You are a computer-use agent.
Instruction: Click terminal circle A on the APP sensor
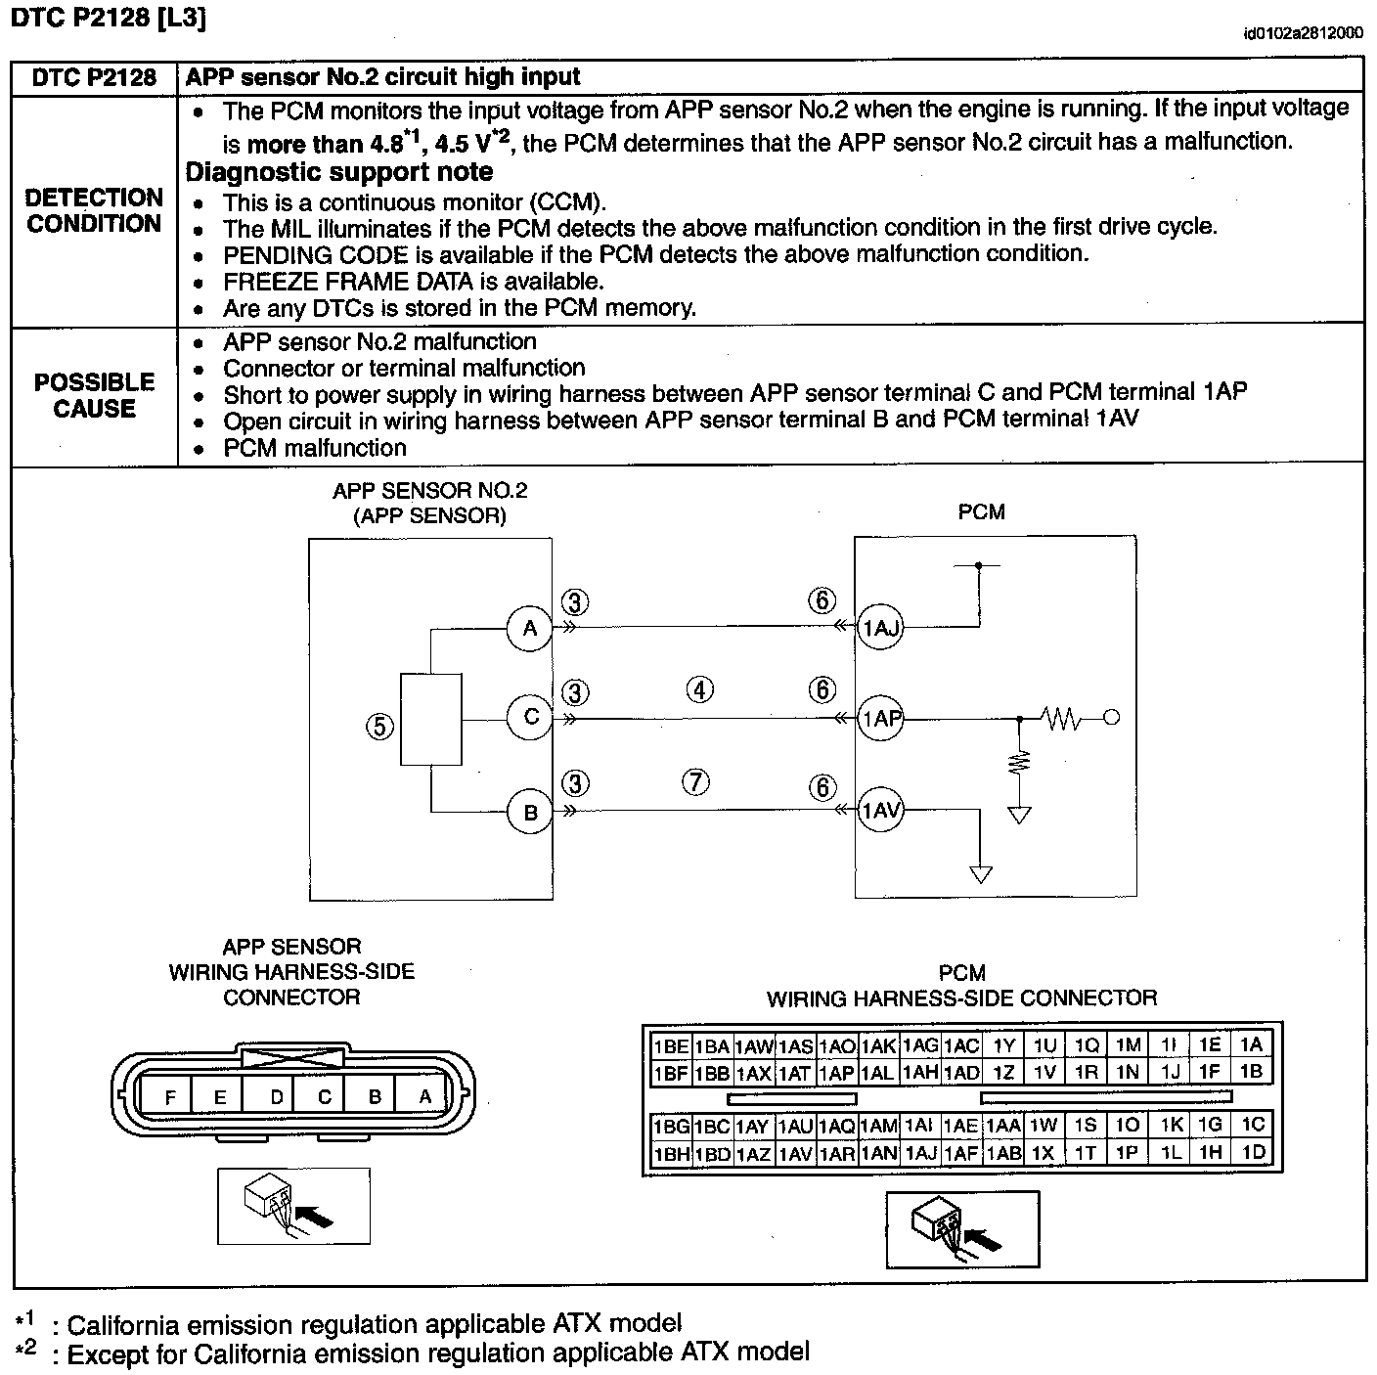pos(530,628)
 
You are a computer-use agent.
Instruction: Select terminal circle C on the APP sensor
pos(530,717)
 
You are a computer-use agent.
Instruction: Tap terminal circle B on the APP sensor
pos(530,812)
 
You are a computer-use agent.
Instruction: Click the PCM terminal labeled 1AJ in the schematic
pos(880,628)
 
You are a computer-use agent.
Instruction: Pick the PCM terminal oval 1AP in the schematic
pos(880,719)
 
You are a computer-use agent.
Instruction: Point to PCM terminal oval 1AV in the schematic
pos(880,811)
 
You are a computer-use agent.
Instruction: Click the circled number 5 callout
pos(379,726)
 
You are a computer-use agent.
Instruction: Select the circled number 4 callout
pos(699,690)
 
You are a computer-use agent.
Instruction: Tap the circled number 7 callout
pos(695,782)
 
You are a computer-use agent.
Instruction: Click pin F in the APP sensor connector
pos(170,1097)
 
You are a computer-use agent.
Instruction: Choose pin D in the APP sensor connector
pos(276,1097)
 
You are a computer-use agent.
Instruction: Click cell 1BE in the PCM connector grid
pos(671,1046)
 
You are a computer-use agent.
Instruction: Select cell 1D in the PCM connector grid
pos(1253,1153)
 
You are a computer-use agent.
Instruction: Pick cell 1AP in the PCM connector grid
pos(836,1073)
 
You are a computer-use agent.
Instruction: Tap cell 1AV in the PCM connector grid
pos(795,1154)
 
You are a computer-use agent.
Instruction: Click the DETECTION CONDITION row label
pos(94,211)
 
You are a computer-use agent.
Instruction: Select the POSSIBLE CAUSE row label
pos(94,395)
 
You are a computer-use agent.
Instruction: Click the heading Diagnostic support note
pos(339,172)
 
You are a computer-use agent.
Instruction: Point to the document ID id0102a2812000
pos(1303,33)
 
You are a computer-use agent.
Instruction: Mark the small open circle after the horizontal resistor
pos(1111,719)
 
